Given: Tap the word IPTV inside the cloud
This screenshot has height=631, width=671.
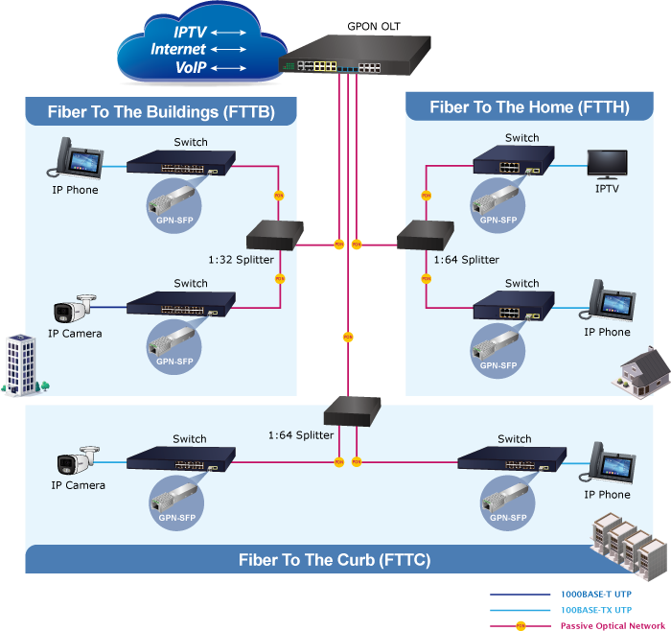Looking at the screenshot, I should pyautogui.click(x=191, y=33).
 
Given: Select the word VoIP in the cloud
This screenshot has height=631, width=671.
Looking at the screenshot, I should pyautogui.click(x=192, y=67).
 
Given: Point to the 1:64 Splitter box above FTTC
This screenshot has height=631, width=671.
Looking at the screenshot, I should pyautogui.click(x=353, y=410).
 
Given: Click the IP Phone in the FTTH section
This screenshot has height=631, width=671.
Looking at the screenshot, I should pyautogui.click(x=608, y=303).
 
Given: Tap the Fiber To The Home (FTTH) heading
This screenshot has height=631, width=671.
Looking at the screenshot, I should pyautogui.click(x=529, y=107).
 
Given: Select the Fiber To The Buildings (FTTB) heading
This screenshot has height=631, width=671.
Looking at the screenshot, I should pyautogui.click(x=161, y=112).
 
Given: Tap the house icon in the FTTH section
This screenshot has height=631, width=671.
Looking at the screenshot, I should pyautogui.click(x=642, y=369).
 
